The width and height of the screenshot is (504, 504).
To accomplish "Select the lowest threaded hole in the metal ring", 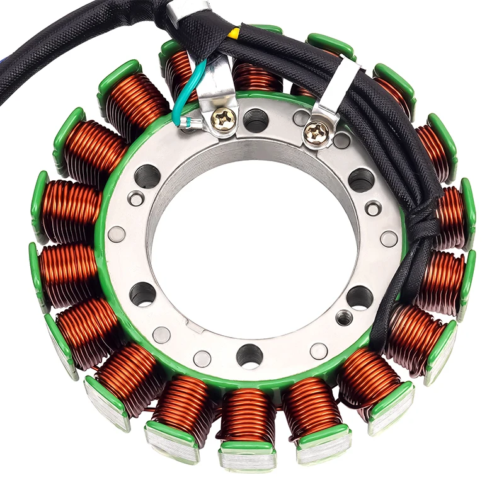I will pyautogui.click(x=249, y=356).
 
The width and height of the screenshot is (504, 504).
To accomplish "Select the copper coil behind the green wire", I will pyautogui.click(x=183, y=72).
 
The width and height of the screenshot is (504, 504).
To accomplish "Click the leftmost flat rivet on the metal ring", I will pyautogui.click(x=116, y=234).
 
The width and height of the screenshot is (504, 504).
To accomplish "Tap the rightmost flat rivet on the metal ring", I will pyautogui.click(x=389, y=239).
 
